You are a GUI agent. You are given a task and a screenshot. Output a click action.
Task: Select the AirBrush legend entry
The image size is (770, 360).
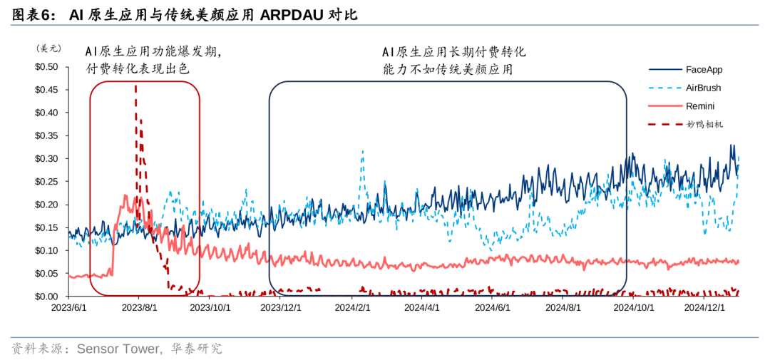click(x=703, y=88)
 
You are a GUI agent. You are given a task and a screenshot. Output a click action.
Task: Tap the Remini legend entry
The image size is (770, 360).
click(x=700, y=106)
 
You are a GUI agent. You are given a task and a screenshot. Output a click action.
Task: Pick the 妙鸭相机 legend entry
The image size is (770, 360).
click(x=704, y=124)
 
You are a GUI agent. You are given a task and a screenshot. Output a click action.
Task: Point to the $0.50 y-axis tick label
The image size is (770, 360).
click(x=46, y=67)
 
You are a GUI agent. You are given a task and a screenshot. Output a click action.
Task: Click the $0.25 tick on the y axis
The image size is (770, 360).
click(x=46, y=182)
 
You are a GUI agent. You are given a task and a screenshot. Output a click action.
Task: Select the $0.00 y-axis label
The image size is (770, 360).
click(x=46, y=296)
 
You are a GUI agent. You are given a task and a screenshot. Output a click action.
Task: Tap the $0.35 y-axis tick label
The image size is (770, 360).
click(x=46, y=135)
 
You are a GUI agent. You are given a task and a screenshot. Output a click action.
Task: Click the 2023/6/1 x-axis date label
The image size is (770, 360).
click(x=68, y=308)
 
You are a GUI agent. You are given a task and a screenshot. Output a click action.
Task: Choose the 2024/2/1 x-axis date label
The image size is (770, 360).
click(x=353, y=308)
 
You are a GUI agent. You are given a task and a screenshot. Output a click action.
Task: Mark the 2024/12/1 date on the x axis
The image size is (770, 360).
click(x=704, y=308)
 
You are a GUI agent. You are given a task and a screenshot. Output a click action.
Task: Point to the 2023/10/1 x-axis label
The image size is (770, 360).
click(x=210, y=308)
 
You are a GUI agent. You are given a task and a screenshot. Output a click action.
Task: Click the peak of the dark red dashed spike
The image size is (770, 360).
click(x=135, y=86)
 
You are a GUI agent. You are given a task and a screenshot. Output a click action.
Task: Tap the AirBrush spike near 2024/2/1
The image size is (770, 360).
click(x=362, y=151)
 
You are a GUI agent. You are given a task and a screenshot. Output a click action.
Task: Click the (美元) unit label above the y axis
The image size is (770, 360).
click(x=48, y=48)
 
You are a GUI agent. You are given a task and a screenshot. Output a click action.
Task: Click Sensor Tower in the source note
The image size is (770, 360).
click(x=117, y=349)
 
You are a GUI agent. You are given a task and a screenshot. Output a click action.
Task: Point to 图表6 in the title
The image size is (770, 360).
click(x=31, y=14)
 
